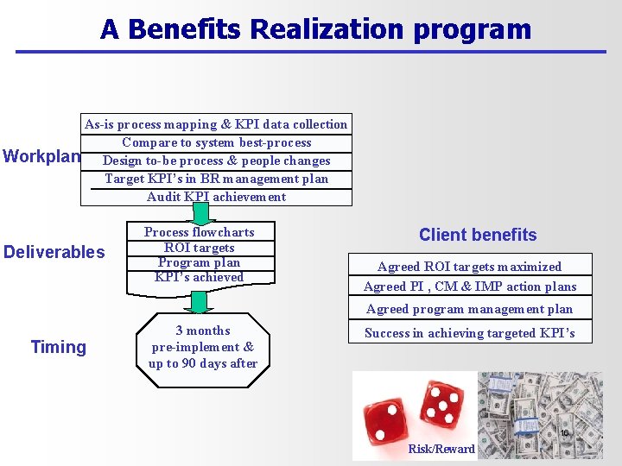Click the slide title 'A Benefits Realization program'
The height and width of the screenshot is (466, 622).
tap(315, 29)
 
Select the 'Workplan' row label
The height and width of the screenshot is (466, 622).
tap(41, 157)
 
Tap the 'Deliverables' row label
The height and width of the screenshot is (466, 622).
tap(54, 252)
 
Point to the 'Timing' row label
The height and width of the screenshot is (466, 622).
tap(59, 347)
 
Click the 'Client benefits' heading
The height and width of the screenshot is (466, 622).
tap(478, 235)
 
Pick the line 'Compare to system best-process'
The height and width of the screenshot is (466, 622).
tap(216, 142)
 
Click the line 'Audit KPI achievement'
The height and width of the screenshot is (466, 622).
tap(216, 197)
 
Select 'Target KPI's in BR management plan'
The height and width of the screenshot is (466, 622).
tap(216, 179)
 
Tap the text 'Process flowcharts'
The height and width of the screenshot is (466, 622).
tap(199, 232)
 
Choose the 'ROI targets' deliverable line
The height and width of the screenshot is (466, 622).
tap(199, 248)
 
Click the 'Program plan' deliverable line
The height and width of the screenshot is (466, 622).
tap(199, 262)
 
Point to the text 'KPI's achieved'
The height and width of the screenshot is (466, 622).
tap(199, 277)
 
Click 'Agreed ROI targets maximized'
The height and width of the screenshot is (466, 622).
tap(469, 267)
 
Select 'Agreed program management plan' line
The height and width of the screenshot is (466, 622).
tap(469, 309)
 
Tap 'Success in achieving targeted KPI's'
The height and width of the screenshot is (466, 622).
tap(469, 333)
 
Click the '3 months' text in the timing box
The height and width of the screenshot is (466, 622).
tap(203, 331)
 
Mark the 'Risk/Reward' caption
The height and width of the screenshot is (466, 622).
tap(441, 449)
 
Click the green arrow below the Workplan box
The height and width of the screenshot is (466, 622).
tap(200, 214)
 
